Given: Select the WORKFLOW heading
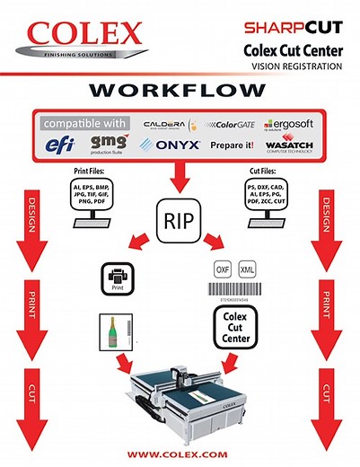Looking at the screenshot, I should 180,93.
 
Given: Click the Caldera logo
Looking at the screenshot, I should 171,123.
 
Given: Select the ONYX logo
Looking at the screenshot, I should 171,145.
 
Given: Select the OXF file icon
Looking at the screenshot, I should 224,269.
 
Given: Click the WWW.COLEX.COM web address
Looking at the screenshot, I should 180,451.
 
